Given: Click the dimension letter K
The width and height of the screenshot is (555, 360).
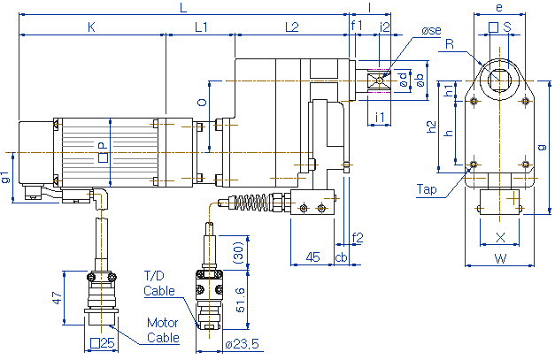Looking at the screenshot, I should click(x=91, y=27).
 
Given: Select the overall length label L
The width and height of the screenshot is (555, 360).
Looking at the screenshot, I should click(x=183, y=8).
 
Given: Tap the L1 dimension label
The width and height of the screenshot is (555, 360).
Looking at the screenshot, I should click(x=200, y=27).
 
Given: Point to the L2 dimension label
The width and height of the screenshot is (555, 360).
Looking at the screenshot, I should click(x=291, y=27).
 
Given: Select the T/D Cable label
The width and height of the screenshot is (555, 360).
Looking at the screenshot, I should click(x=160, y=283).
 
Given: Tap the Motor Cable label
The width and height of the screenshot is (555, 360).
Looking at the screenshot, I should click(x=163, y=328).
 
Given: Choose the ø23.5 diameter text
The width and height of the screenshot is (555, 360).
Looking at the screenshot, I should click(x=242, y=344).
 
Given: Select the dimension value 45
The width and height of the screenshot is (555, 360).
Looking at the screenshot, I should click(x=312, y=257).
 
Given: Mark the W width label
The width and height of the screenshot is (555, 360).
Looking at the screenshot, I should click(x=500, y=259).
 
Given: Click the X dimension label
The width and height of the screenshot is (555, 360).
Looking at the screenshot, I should click(x=501, y=237).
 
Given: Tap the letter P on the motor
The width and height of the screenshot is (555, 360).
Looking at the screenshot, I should click(x=102, y=145).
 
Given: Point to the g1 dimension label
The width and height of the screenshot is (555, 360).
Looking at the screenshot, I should click(x=7, y=177).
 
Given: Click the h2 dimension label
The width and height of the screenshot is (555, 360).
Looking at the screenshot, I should click(x=431, y=126).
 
